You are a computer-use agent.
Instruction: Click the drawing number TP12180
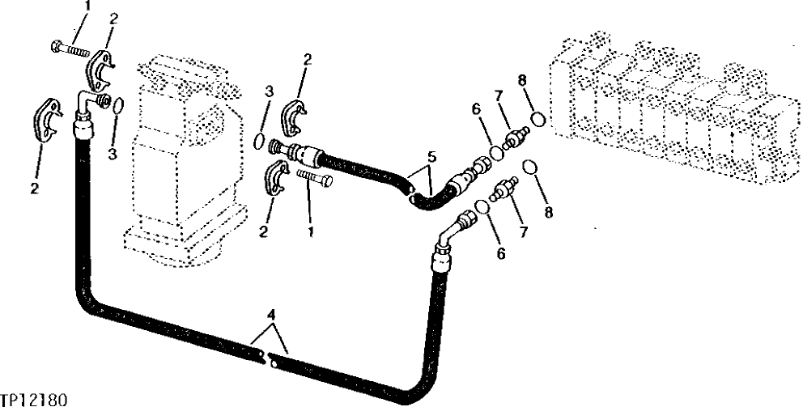click(x=34, y=399)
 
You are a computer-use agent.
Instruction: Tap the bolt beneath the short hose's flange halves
click(x=314, y=177)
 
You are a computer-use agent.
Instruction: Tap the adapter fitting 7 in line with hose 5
click(x=512, y=142)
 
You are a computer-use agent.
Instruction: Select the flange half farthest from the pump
click(x=47, y=126)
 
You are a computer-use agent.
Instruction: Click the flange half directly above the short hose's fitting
click(x=296, y=117)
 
